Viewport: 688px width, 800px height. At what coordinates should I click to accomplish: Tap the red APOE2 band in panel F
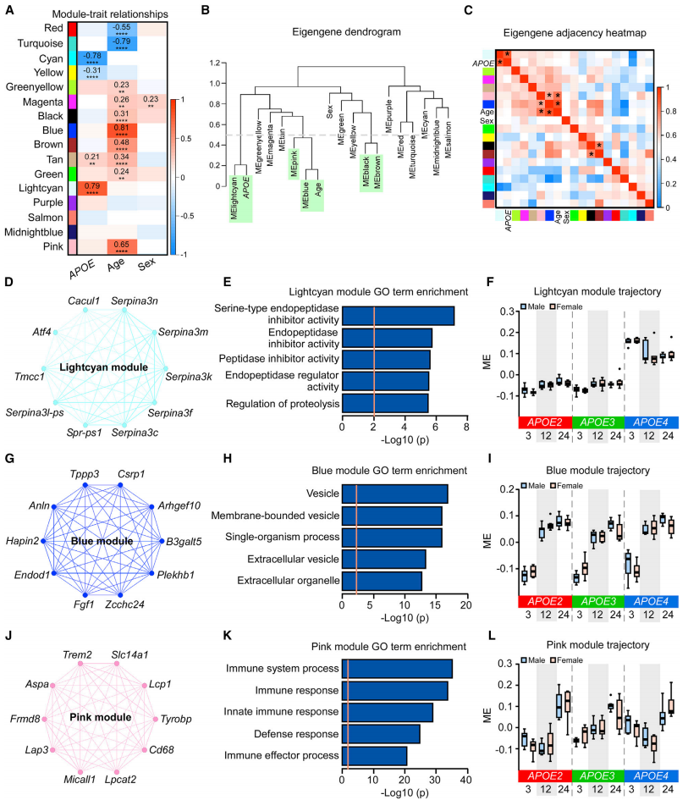pyautogui.click(x=542, y=422)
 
